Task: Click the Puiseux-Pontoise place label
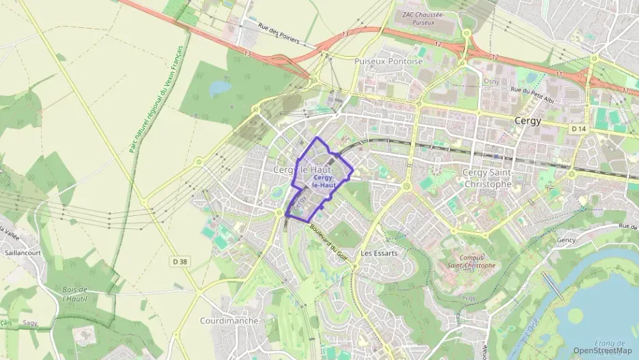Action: pyautogui.click(x=388, y=61)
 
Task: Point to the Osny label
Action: pyautogui.click(x=492, y=81)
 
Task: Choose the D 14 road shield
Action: pyautogui.click(x=579, y=128)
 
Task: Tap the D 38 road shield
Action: pyautogui.click(x=180, y=260)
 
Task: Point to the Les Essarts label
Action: pyautogui.click(x=379, y=252)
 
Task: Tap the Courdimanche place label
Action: pyautogui.click(x=229, y=320)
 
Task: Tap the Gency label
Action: pyautogui.click(x=566, y=240)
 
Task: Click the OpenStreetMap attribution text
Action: pyautogui.click(x=603, y=351)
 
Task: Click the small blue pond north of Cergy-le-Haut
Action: pyautogui.click(x=221, y=88)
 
